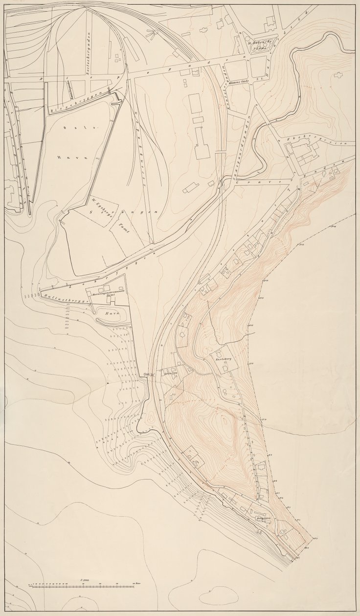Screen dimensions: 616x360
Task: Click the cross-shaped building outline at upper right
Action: pyautogui.click(x=337, y=76)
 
